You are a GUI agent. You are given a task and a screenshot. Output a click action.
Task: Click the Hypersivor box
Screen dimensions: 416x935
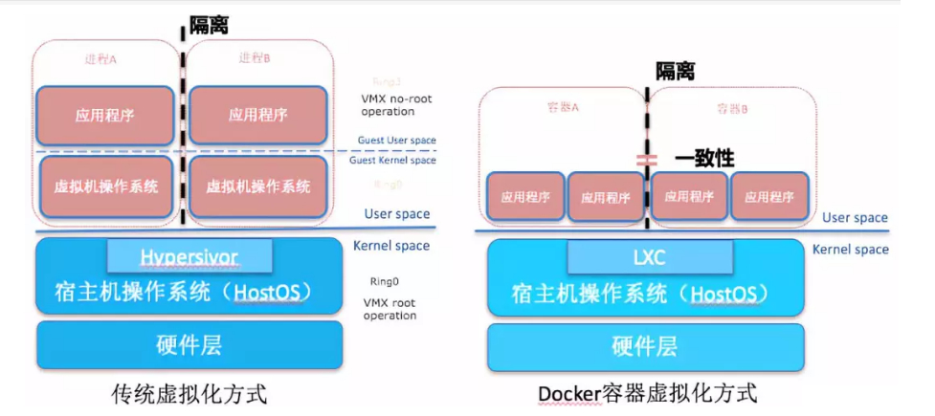[x=189, y=255]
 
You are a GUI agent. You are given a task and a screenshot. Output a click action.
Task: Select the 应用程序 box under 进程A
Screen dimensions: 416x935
[x=105, y=116]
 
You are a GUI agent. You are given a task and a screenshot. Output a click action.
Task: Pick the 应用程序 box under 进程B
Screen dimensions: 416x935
[x=258, y=116]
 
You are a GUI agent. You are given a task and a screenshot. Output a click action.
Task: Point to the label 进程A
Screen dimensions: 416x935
[x=101, y=59]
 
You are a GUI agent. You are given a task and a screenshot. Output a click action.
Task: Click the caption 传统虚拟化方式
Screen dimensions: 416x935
[x=189, y=393]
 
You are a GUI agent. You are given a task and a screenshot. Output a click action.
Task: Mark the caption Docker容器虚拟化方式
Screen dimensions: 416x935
[x=647, y=393]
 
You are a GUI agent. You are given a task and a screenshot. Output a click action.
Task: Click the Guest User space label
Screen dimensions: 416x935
[x=396, y=141]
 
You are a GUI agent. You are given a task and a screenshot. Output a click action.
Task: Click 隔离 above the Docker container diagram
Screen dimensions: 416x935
[x=675, y=71]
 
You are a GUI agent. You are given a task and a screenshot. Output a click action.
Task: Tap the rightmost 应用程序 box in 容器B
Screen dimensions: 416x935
[x=769, y=198]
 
